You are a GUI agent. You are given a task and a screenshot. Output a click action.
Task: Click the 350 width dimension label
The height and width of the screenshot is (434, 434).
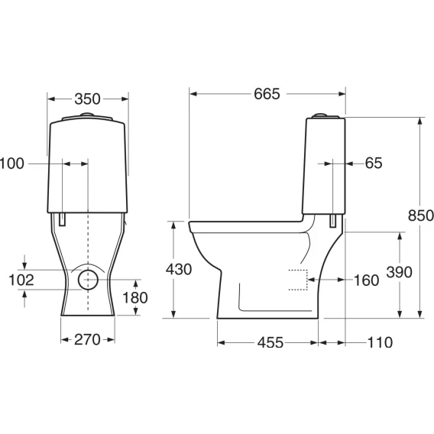point(87,99)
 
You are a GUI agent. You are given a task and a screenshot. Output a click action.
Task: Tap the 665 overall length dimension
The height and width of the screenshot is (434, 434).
point(267,94)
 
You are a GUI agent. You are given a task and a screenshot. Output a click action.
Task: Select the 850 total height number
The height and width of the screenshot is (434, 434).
point(421,215)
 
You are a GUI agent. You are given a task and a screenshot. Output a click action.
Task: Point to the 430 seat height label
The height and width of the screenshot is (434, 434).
point(179,269)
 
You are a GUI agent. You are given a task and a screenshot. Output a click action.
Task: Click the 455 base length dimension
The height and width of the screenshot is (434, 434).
point(270,342)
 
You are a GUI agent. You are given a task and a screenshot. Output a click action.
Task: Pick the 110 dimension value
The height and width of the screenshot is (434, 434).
point(380,342)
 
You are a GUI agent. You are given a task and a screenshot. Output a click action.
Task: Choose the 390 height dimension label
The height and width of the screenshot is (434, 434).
point(399,272)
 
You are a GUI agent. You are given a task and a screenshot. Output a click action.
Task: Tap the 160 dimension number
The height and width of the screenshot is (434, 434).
point(367,280)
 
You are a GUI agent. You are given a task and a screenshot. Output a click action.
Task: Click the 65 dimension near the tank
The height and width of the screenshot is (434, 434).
point(374,163)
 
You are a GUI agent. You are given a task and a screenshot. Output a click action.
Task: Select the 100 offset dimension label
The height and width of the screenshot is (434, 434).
point(12,164)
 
